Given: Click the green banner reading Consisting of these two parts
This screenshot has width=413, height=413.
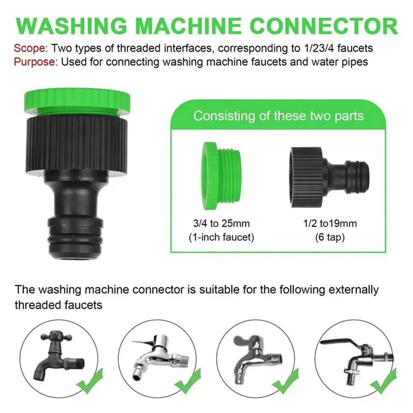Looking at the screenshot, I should click(278, 115).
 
